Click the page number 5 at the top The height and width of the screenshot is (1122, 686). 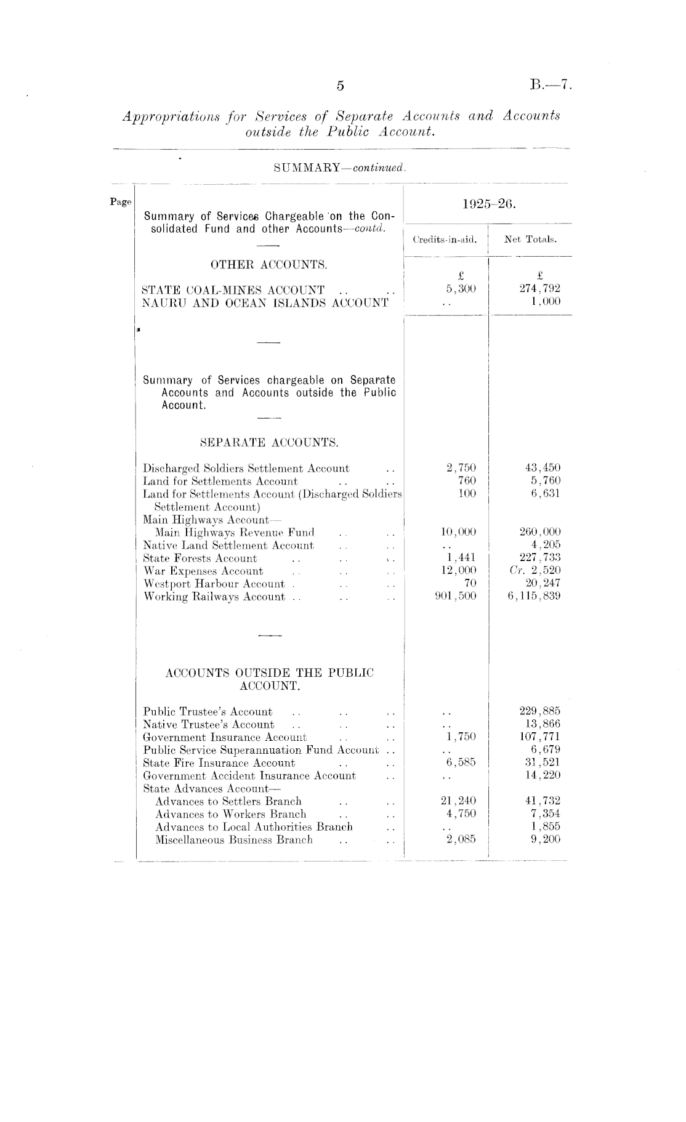340,86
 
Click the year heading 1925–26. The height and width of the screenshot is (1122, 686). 488,204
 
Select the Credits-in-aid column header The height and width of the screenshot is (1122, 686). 445,240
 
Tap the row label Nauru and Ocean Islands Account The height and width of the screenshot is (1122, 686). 265,302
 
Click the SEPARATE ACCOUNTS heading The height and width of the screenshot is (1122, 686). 270,442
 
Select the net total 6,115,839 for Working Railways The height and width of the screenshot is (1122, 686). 534,596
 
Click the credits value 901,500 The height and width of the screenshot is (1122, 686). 456,596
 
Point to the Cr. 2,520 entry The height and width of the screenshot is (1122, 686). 535,571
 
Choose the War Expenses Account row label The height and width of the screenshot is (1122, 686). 203,571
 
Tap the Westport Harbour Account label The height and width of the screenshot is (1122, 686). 214,584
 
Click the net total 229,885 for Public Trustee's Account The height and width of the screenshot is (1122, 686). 540,712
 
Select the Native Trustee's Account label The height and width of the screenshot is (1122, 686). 209,725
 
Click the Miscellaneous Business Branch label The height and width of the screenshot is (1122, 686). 234,839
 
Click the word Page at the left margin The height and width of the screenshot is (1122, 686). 121,201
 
